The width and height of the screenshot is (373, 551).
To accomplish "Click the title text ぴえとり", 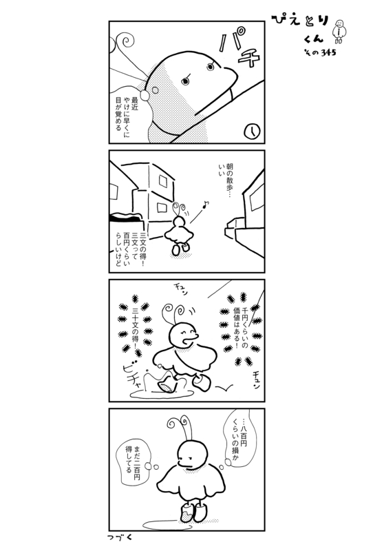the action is [300, 21].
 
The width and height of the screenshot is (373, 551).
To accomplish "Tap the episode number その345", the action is [320, 53].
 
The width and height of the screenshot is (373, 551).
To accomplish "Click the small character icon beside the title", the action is [339, 32].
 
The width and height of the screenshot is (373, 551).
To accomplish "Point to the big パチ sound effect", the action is [239, 49].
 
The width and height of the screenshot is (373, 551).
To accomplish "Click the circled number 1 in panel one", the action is [252, 132].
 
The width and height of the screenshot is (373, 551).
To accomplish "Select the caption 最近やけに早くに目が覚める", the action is [127, 116].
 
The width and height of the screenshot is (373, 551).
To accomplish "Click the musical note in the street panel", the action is [206, 204].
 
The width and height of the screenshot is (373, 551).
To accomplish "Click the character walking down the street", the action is [179, 229].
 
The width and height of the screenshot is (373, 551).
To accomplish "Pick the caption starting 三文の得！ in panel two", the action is [129, 249].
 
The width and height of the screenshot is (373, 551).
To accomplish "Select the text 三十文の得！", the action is [136, 326].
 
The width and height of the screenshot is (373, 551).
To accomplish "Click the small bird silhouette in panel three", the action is [224, 387].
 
